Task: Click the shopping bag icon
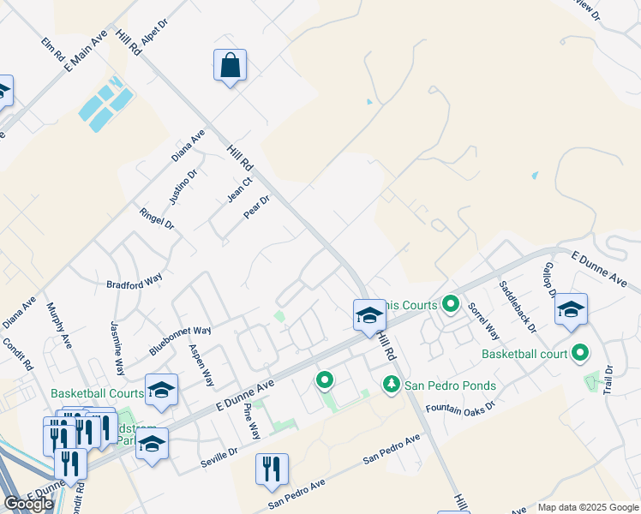(230, 66)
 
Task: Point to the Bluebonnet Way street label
(180, 340)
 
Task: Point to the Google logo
(28, 504)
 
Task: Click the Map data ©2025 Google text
(589, 507)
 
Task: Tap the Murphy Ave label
(60, 326)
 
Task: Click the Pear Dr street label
(256, 206)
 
